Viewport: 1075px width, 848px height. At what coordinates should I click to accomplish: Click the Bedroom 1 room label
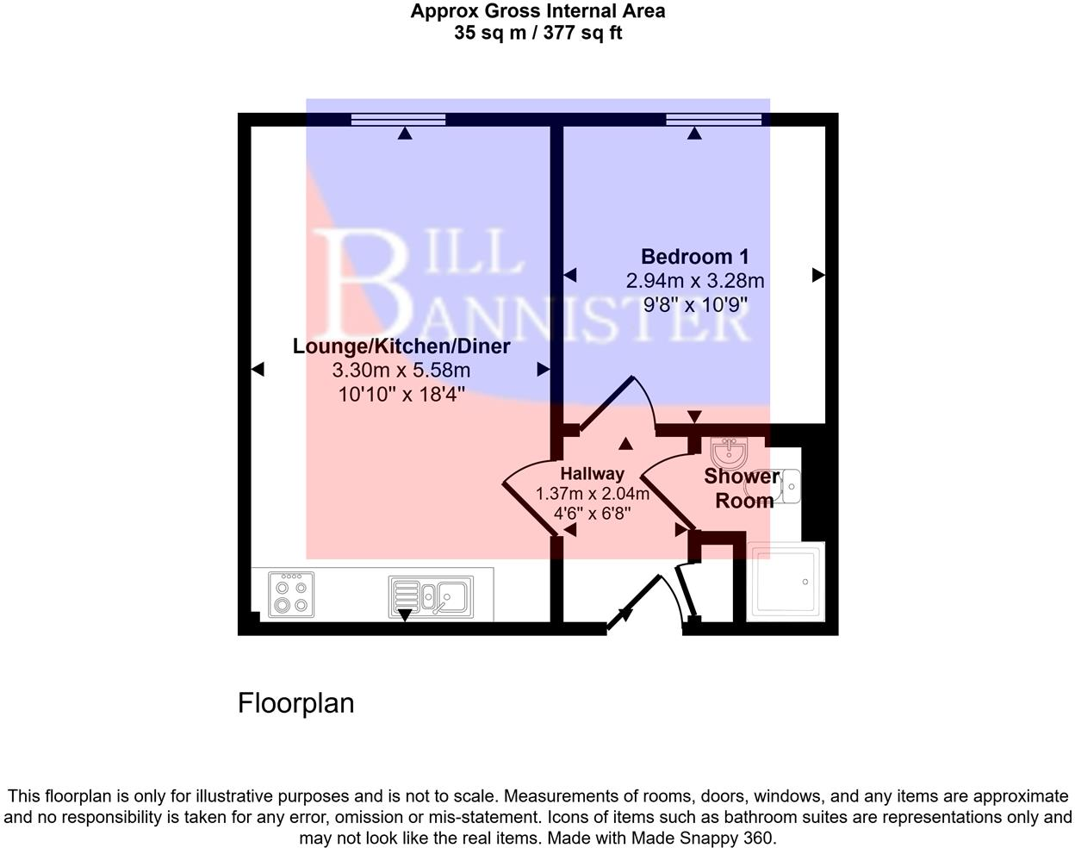point(694,257)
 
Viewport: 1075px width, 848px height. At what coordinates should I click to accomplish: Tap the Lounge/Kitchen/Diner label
point(401,346)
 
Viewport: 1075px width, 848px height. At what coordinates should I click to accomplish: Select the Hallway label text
point(592,473)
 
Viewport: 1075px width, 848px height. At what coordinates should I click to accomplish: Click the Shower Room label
point(743,489)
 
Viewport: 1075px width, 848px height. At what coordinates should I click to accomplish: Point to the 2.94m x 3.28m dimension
point(694,281)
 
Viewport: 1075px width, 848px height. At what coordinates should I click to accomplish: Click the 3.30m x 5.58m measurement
point(401,371)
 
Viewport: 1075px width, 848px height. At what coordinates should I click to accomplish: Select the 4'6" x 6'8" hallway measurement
point(592,514)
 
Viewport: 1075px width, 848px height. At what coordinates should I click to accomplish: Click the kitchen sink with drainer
point(429,595)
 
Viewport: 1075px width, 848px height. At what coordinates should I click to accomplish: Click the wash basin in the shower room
point(730,452)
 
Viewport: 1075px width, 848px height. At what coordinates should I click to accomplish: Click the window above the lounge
point(399,119)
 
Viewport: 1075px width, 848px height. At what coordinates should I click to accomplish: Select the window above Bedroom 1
point(713,119)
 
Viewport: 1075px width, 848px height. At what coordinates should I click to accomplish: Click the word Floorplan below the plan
point(295,703)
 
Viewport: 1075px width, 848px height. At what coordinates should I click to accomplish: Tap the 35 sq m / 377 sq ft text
point(537,34)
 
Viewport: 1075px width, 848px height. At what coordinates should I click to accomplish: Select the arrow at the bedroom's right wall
point(818,275)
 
